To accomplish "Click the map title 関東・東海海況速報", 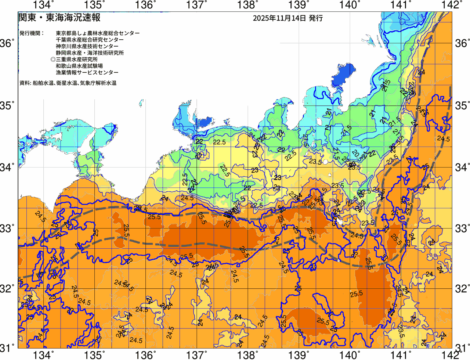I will point(59,18).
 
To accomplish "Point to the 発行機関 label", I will point(31,33).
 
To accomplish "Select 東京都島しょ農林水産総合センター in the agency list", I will point(98,33).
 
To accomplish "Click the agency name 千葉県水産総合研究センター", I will point(90,40).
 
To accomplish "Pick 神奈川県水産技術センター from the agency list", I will point(87,46).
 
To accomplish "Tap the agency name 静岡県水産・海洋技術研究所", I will point(90,53).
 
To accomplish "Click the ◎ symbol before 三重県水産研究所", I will point(53,60).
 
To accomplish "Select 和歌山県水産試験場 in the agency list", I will point(79,66).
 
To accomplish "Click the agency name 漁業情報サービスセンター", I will point(87,73).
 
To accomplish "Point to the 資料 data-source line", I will point(68,83).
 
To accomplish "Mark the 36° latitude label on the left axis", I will point(7,44).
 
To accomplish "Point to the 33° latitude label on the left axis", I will point(7,228).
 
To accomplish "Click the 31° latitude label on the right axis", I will point(462,347).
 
